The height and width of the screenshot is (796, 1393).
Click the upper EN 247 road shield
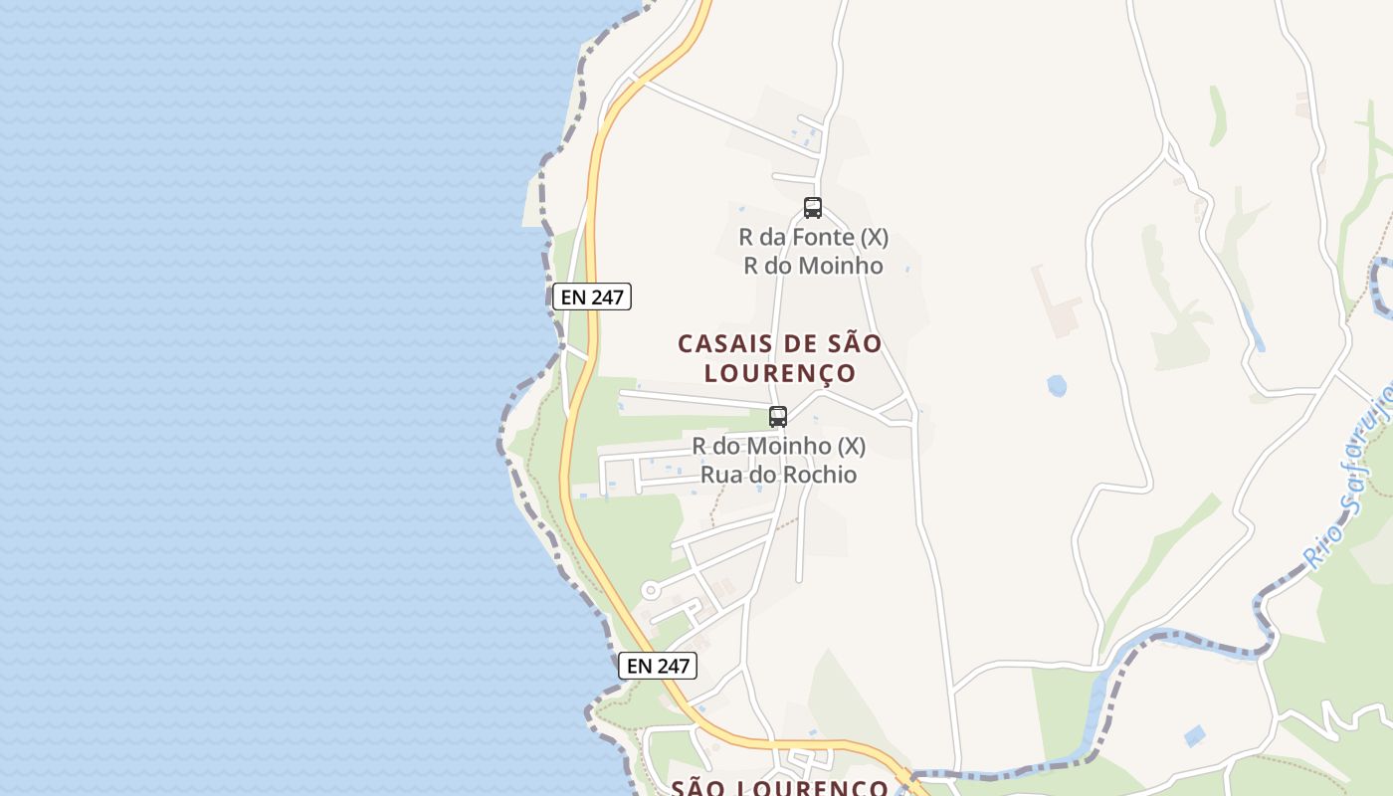[592, 297]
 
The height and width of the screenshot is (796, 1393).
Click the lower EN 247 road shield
[658, 666]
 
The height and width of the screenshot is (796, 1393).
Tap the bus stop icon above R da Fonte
[813, 208]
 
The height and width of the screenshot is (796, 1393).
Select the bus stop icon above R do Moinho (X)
[778, 417]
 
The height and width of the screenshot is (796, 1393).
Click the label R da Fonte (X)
[813, 238]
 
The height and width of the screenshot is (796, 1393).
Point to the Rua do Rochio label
[778, 475]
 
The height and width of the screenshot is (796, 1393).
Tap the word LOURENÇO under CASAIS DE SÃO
[780, 373]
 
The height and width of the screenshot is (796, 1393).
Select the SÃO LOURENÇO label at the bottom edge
[780, 787]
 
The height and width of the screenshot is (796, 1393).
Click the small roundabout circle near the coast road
[651, 591]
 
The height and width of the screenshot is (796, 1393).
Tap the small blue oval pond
[1057, 385]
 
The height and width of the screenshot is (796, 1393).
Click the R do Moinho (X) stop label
[778, 446]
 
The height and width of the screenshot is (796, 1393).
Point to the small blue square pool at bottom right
[1195, 735]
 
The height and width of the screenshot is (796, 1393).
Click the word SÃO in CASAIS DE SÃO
[855, 344]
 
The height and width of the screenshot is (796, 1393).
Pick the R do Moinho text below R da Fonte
[813, 266]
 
